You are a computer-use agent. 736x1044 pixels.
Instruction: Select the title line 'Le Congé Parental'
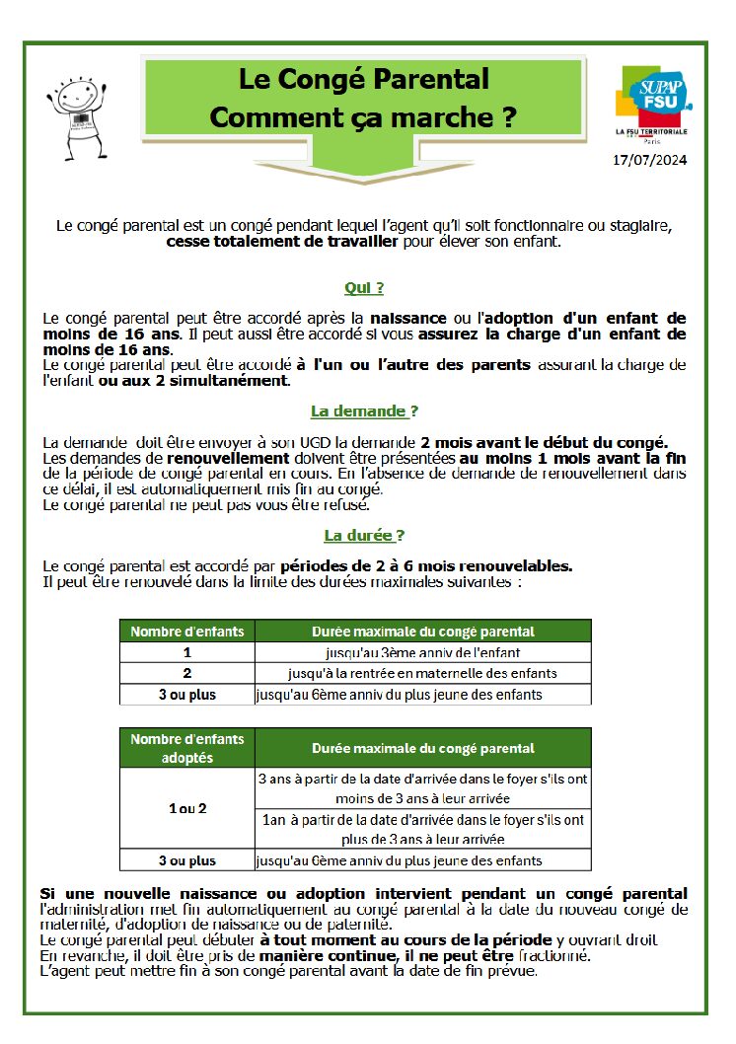(x=363, y=78)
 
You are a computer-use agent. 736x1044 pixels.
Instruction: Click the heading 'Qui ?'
(x=363, y=288)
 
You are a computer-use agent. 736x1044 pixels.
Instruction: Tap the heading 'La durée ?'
(x=363, y=535)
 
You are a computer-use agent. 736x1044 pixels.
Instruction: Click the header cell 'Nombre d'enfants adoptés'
(x=187, y=748)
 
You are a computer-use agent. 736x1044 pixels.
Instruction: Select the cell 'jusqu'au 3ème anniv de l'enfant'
(x=422, y=652)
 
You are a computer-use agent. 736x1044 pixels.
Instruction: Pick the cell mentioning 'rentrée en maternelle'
(x=422, y=673)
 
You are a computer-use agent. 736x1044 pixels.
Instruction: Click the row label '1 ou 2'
(x=187, y=808)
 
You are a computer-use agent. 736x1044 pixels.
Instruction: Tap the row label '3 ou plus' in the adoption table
(x=187, y=860)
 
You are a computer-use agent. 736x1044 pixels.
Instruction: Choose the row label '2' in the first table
(x=187, y=673)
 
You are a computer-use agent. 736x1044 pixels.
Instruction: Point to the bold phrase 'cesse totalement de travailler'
(x=281, y=241)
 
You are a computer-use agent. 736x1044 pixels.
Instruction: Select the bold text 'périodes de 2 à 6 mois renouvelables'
(x=425, y=566)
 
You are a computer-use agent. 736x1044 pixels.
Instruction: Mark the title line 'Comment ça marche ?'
(x=363, y=116)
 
